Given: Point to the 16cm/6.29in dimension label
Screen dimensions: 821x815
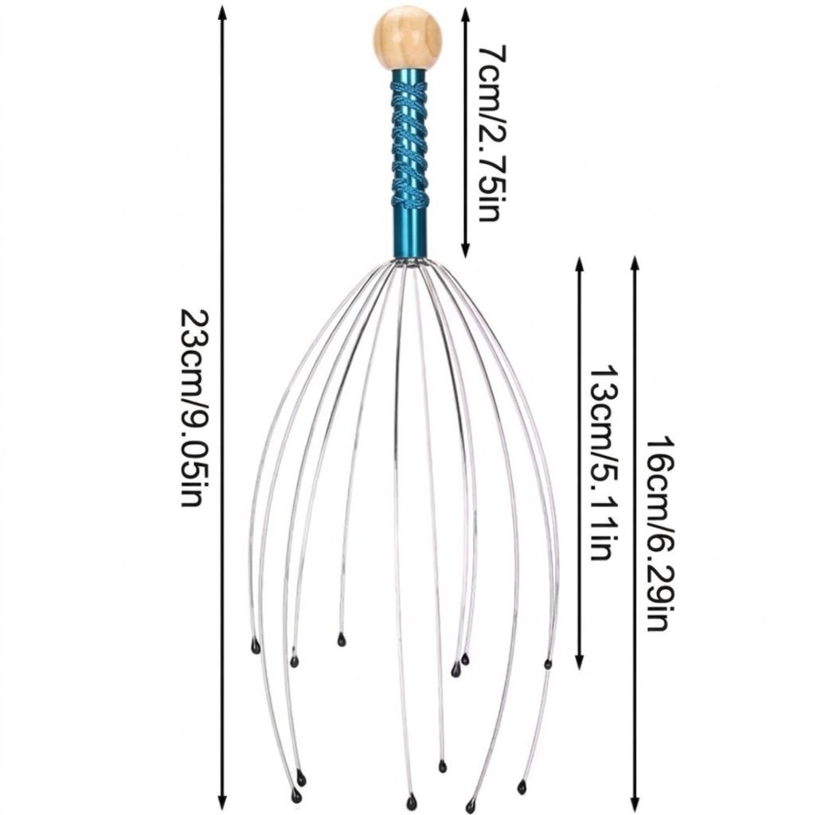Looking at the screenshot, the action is pyautogui.click(x=659, y=533).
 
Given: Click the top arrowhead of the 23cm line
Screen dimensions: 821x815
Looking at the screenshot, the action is pyautogui.click(x=222, y=11).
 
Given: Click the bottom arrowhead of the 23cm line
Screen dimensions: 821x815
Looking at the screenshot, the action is pyautogui.click(x=222, y=802).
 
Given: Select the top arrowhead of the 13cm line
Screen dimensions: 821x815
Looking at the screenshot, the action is pyautogui.click(x=579, y=263).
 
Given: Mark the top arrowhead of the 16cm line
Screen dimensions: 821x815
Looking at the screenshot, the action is pyautogui.click(x=635, y=263).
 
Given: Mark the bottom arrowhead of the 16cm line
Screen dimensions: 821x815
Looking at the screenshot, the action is pyautogui.click(x=635, y=803).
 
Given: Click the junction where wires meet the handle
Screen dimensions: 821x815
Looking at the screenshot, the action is pyautogui.click(x=409, y=262).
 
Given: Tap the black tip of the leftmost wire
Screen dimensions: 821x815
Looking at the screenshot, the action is pyautogui.click(x=256, y=647).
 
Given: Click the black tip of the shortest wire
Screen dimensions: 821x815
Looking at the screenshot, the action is pyautogui.click(x=342, y=639).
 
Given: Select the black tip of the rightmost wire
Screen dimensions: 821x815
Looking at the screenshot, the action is pyautogui.click(x=548, y=665).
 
